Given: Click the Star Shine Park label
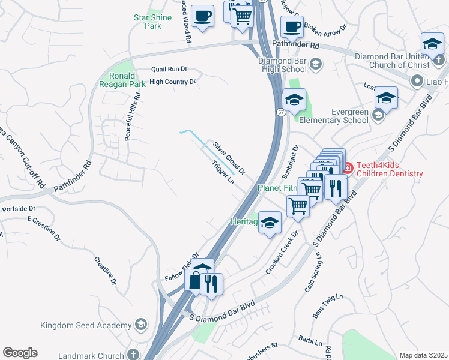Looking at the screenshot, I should (153, 22).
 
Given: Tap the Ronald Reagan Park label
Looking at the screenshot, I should (127, 80).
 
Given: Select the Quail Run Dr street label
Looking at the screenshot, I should (153, 70).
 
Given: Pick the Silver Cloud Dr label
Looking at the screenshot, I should (229, 158).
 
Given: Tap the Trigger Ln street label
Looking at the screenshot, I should (222, 173).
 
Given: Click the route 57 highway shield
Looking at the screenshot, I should (281, 112).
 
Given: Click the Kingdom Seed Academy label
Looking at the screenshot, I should (86, 325).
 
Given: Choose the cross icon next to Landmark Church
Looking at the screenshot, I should (132, 354).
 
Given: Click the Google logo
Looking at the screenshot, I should (20, 353).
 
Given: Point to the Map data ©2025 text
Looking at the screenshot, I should (423, 355).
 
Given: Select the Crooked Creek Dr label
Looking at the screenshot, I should (282, 252).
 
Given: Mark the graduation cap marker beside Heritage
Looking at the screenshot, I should (270, 223).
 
